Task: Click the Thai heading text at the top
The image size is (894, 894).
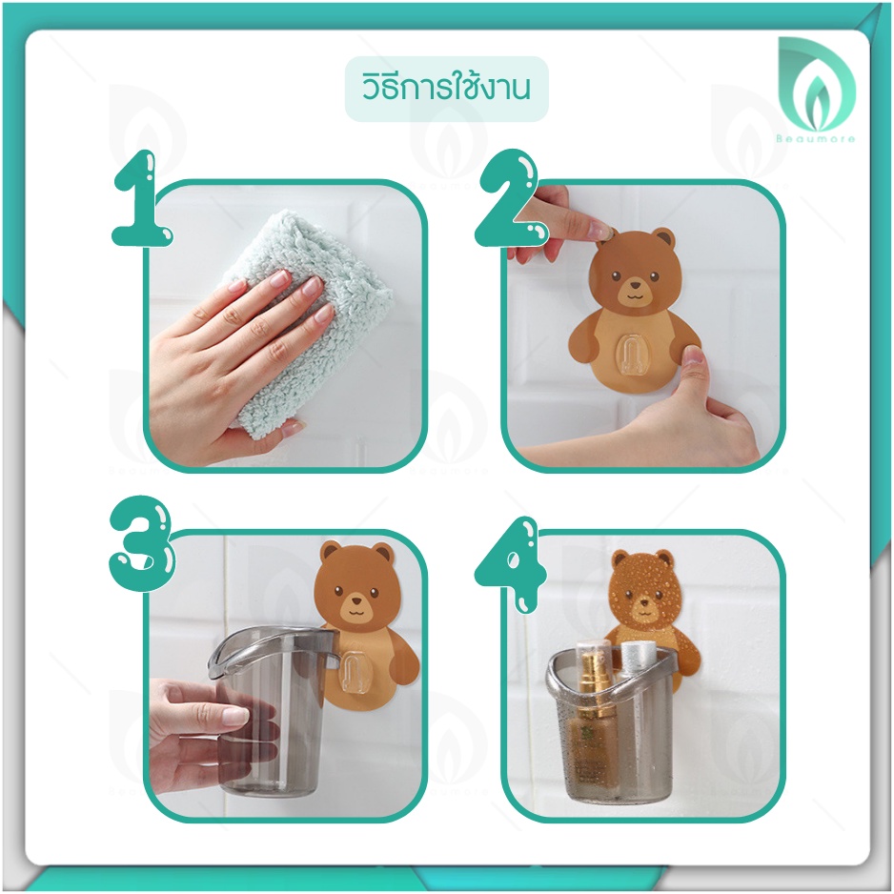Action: (x=446, y=89)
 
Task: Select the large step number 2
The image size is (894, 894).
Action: (x=509, y=198)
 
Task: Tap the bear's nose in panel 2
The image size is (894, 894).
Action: (x=634, y=283)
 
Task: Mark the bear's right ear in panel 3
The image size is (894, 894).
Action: (x=383, y=553)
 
